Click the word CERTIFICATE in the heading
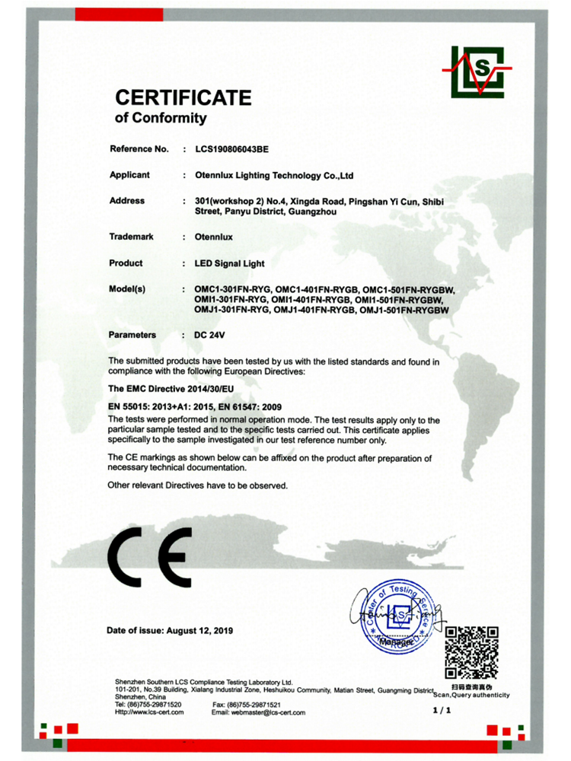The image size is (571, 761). (183, 97)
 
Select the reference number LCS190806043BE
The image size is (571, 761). (232, 149)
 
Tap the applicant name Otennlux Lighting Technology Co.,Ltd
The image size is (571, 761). (274, 175)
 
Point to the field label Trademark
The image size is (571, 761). (132, 237)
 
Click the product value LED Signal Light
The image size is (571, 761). (230, 263)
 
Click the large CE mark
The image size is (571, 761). (149, 559)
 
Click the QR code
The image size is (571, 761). (471, 651)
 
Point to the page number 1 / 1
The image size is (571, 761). (442, 711)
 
